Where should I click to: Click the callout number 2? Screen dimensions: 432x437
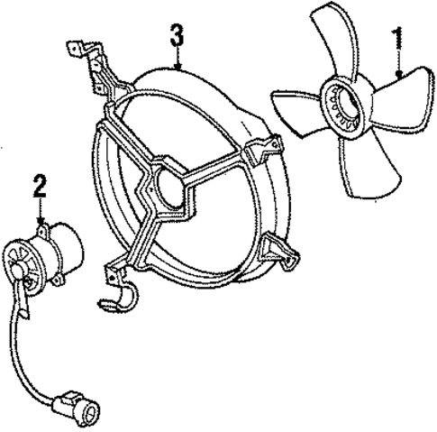tap(39, 188)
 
